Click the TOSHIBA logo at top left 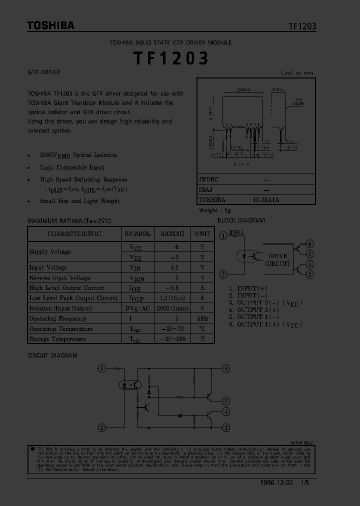50,25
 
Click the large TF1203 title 170,58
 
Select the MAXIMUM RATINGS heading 69,220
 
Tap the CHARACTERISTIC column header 74,233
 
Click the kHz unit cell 202,318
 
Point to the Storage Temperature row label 57,339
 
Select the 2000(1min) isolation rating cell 172,308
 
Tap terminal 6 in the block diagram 310,244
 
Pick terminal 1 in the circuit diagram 101,368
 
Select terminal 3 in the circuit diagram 226,427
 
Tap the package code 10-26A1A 266,199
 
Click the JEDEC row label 209,179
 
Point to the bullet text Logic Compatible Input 72,167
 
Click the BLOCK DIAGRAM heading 241,220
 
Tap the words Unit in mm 297,72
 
